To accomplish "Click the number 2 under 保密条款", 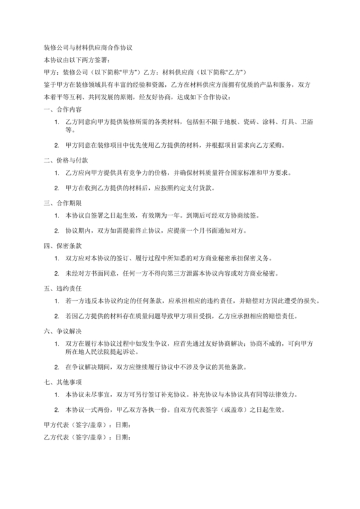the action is pos(57,273).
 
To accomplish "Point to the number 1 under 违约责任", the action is pos(57,301).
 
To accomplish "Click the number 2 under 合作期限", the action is pos(57,230).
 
